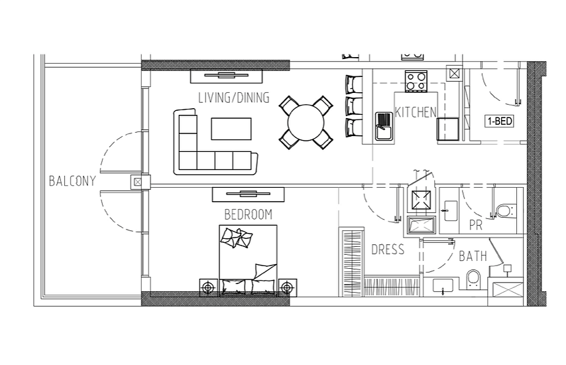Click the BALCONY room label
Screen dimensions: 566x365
72,181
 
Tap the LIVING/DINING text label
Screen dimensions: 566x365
234,98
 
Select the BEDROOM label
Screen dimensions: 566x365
249,214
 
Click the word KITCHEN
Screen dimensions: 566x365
416,112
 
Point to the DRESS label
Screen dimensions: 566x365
388,250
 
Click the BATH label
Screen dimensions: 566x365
473,256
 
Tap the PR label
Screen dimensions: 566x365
476,226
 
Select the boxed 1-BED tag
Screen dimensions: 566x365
500,121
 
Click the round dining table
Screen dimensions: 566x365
306,123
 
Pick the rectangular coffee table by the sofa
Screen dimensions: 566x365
231,129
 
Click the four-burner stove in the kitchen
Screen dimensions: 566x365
416,81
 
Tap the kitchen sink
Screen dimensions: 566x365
383,126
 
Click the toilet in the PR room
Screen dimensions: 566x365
506,211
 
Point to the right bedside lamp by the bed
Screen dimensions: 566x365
287,287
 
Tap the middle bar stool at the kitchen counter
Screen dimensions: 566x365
353,105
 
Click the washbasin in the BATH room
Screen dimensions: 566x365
443,285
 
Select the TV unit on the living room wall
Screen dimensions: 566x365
226,76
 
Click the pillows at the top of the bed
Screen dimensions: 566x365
237,238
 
